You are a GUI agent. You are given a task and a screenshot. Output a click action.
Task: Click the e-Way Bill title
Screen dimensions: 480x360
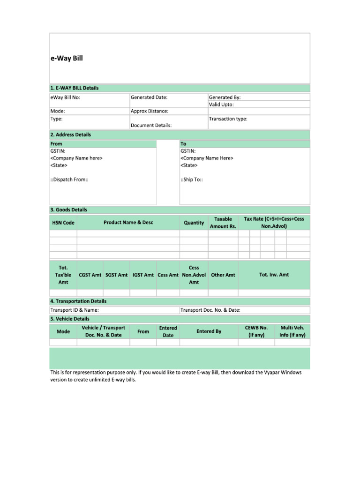pos(67,59)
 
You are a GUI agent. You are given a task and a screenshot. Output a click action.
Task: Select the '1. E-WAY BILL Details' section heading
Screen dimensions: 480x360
pos(74,88)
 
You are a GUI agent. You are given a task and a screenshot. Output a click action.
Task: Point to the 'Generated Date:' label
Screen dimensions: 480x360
pos(149,97)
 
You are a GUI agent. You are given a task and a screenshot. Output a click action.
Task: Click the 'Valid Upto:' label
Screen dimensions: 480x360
pos(221,105)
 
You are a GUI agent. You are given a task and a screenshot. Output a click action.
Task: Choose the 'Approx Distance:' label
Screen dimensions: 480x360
pos(150,112)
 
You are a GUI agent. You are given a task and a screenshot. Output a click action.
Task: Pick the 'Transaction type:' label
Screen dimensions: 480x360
pos(228,119)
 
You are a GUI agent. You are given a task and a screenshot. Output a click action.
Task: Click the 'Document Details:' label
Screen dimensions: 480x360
pos(151,126)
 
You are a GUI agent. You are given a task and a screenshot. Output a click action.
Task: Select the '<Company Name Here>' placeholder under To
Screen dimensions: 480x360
pos(207,158)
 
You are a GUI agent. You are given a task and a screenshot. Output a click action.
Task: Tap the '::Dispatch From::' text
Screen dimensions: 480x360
pos(69,180)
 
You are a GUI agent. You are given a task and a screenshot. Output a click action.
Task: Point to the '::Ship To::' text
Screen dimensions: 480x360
pos(192,180)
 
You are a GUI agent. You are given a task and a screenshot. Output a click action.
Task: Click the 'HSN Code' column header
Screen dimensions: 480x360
pos(63,223)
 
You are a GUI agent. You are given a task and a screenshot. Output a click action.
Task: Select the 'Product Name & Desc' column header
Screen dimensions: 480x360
pos(128,223)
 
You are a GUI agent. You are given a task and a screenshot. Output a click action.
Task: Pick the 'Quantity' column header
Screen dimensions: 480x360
pos(194,223)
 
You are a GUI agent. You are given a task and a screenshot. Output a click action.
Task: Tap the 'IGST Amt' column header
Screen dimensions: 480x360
pos(143,275)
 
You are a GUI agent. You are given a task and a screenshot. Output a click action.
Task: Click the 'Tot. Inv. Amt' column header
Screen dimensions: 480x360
pos(274,275)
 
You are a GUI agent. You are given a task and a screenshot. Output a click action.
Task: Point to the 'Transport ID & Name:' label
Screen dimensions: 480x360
pos(75,310)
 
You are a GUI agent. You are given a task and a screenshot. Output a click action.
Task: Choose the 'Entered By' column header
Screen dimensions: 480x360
pos(209,331)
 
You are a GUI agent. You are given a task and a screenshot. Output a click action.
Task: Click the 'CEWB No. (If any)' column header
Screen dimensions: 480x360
pos(256,331)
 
